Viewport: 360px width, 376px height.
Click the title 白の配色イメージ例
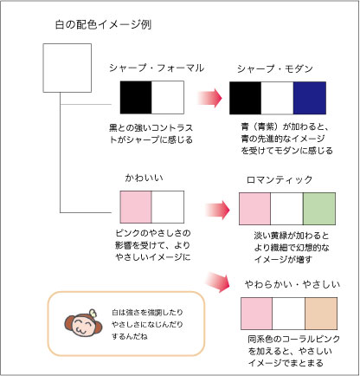click(x=103, y=24)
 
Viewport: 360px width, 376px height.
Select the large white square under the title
click(x=67, y=68)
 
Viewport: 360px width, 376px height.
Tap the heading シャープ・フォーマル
click(x=157, y=68)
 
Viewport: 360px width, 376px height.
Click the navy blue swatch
click(x=310, y=98)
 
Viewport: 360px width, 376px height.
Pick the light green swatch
click(x=319, y=209)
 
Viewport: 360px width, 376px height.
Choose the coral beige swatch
click(x=321, y=314)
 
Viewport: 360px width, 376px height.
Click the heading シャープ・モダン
click(x=275, y=68)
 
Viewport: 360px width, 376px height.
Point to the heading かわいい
click(x=144, y=178)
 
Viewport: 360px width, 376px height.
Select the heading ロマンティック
click(x=280, y=179)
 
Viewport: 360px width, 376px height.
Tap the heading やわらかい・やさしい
click(x=292, y=284)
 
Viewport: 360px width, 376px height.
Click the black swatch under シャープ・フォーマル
click(x=136, y=97)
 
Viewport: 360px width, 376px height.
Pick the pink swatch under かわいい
click(x=136, y=207)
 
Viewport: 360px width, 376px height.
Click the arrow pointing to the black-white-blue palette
click(x=209, y=98)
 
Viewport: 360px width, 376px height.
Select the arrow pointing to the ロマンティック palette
click(x=217, y=210)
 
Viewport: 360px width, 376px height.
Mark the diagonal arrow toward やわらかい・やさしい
click(x=218, y=282)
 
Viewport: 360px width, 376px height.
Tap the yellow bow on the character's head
click(x=93, y=314)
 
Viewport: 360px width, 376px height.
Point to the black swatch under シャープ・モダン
click(x=245, y=98)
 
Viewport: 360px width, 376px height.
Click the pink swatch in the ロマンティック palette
click(x=255, y=209)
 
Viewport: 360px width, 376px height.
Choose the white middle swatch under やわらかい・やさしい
click(x=288, y=314)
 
